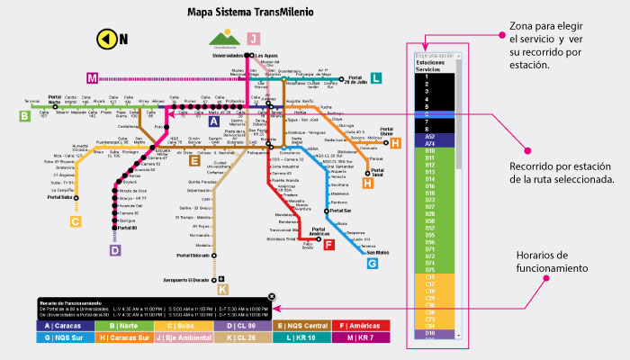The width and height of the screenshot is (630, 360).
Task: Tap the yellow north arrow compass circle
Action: (x=106, y=39)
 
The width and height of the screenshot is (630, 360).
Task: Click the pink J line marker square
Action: (x=254, y=38)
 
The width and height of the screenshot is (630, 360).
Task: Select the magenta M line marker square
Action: (x=92, y=78)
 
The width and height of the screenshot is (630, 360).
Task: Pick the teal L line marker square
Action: (x=376, y=78)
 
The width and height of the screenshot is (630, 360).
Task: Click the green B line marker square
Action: (x=23, y=115)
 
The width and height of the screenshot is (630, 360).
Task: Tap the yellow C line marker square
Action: (x=76, y=220)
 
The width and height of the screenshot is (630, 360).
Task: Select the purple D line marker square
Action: (x=114, y=250)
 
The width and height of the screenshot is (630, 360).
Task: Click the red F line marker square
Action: (x=328, y=244)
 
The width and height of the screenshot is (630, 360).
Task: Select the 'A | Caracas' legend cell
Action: (x=64, y=326)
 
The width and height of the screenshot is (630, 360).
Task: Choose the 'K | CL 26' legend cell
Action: (x=238, y=338)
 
